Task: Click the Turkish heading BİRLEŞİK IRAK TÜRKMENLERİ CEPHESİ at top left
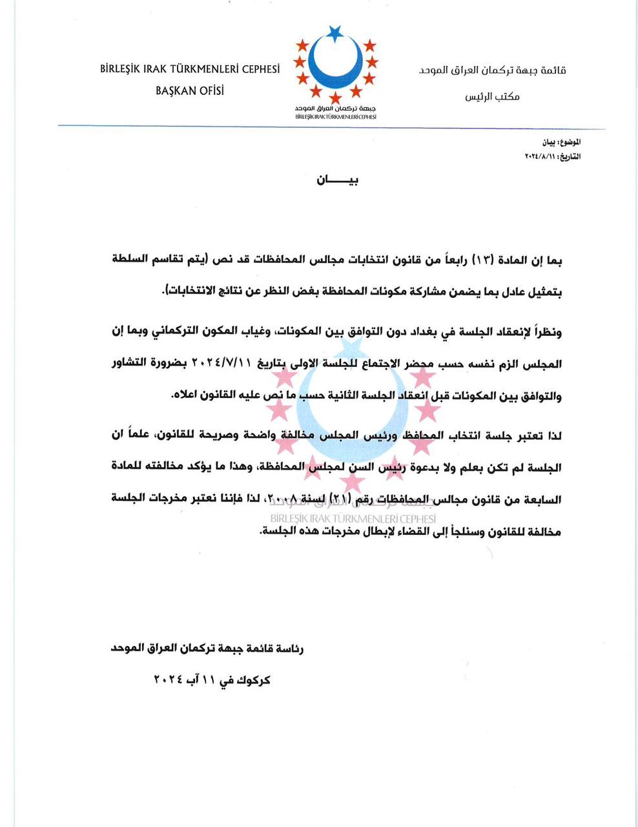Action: click(x=190, y=70)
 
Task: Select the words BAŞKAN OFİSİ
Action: click(x=190, y=91)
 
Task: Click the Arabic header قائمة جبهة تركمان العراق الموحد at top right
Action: click(x=492, y=70)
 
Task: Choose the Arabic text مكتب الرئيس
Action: click(x=492, y=96)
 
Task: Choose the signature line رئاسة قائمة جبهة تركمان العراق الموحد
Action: click(x=208, y=648)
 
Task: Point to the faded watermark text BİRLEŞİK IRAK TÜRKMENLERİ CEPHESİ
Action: click(x=353, y=518)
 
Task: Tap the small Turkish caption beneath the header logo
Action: click(x=335, y=117)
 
